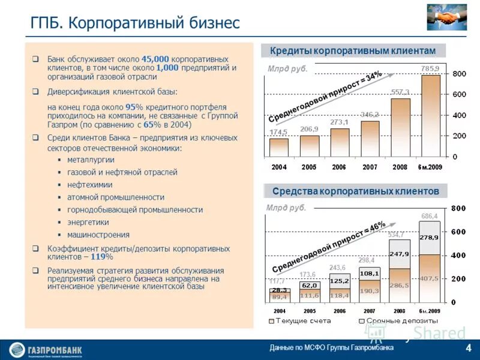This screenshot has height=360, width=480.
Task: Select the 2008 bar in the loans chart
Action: [401, 127]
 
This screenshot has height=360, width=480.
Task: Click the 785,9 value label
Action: [430, 68]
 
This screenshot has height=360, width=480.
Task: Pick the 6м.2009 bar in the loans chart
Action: [430, 115]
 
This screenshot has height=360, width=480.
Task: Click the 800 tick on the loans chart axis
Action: [458, 74]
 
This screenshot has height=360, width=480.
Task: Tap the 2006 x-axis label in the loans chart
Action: [340, 167]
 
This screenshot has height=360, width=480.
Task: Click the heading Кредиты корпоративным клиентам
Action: [356, 50]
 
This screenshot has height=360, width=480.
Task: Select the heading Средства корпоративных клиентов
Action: [356, 191]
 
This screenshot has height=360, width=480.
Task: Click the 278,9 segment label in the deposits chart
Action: [430, 238]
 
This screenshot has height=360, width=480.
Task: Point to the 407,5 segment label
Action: [430, 278]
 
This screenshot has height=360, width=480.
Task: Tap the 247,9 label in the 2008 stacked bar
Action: [399, 254]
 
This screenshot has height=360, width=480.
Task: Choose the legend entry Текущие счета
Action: [301, 322]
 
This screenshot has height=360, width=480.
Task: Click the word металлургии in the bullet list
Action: [91, 160]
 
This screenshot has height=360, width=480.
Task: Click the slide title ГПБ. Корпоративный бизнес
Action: [135, 23]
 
